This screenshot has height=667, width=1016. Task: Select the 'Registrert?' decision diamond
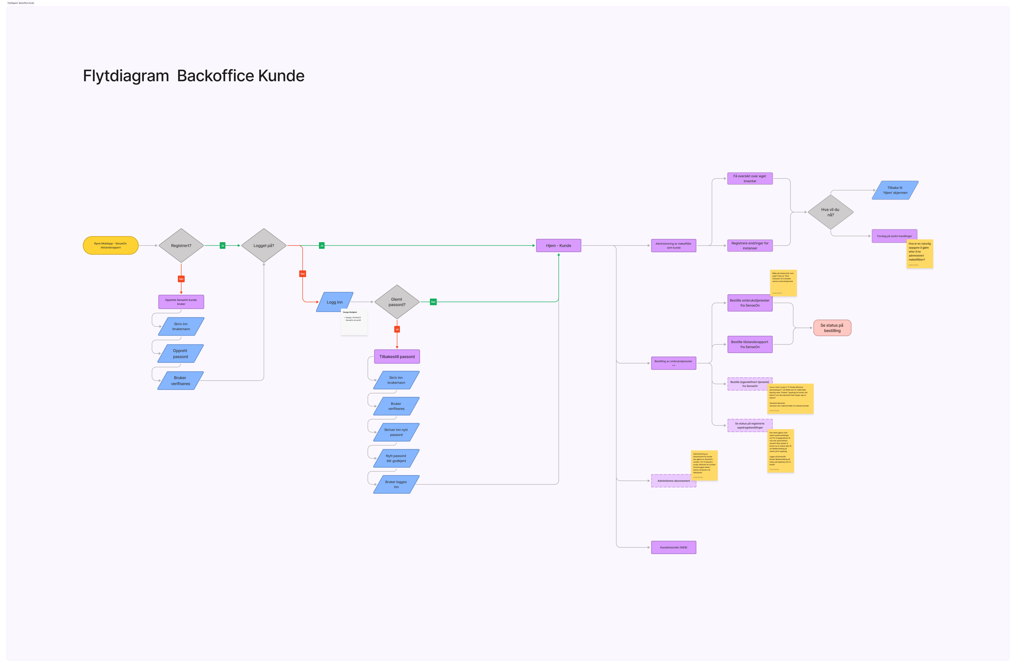click(181, 246)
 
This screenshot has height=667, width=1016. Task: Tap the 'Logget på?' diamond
click(264, 246)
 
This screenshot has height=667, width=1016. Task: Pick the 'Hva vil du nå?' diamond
click(830, 212)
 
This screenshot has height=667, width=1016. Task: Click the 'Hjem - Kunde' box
click(558, 246)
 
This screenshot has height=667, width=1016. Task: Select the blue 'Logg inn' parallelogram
click(335, 302)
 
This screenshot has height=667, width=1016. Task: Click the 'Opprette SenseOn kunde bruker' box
click(181, 302)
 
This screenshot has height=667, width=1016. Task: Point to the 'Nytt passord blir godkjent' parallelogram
click(396, 458)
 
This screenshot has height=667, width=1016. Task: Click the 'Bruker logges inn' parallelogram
click(396, 484)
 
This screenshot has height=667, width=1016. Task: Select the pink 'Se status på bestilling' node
click(832, 328)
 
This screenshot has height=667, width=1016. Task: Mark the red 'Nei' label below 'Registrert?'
click(181, 279)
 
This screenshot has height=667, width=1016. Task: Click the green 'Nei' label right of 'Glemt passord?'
click(433, 302)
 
